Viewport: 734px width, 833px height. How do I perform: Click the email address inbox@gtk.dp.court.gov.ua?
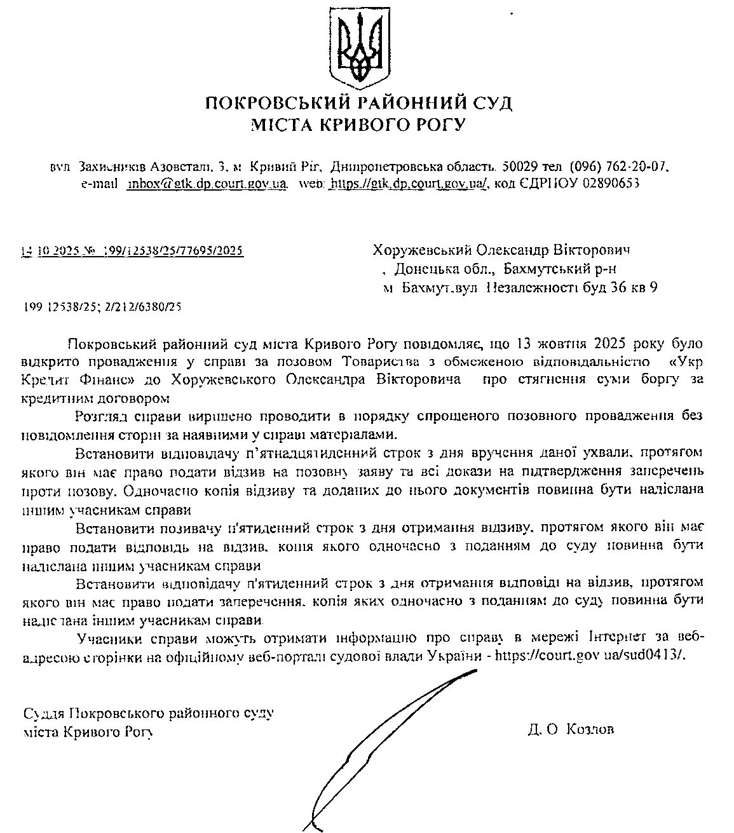point(207,184)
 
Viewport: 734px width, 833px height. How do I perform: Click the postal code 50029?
point(521,167)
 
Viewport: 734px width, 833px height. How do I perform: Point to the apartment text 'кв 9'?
point(642,287)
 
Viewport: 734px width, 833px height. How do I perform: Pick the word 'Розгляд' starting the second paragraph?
point(102,416)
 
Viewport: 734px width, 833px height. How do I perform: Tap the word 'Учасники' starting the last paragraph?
point(105,637)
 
